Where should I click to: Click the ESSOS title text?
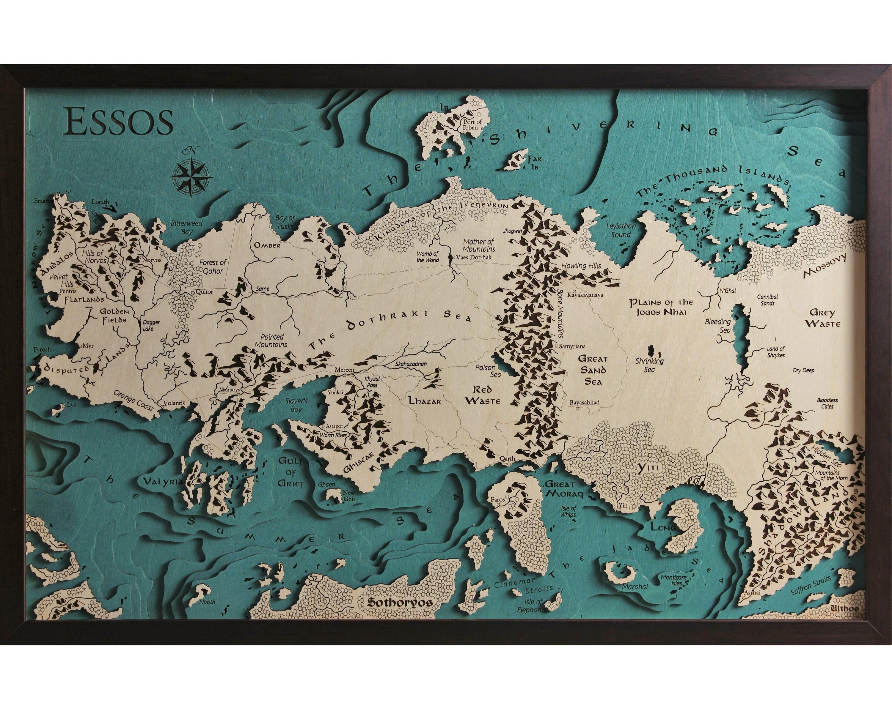click(x=118, y=122)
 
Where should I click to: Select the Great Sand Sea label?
click(x=593, y=370)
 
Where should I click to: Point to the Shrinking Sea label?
click(x=650, y=365)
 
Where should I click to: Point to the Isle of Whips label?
click(x=568, y=511)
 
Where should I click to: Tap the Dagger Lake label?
click(x=151, y=325)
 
